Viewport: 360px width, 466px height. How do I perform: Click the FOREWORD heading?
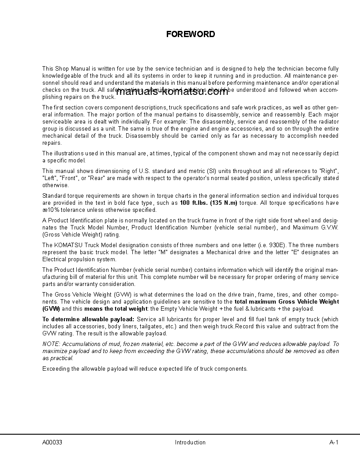pyautogui.click(x=191, y=34)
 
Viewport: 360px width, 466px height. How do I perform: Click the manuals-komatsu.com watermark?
pyautogui.click(x=172, y=92)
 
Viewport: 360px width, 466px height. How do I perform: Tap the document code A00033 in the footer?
pyautogui.click(x=52, y=442)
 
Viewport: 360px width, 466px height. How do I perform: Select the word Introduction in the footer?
pyautogui.click(x=190, y=442)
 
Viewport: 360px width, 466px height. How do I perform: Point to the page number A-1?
pyautogui.click(x=334, y=442)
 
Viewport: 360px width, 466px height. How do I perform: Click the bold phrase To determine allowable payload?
pyautogui.click(x=88, y=319)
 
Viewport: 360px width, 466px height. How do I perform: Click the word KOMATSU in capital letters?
pyautogui.click(x=68, y=245)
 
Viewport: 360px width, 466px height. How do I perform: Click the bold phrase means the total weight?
pyautogui.click(x=109, y=309)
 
